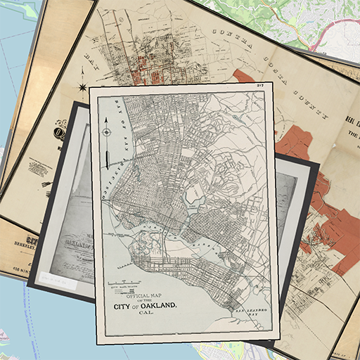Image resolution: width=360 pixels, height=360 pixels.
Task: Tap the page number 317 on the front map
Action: pyautogui.click(x=259, y=85)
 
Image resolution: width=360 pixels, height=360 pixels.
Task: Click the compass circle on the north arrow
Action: pyautogui.click(x=105, y=131)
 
